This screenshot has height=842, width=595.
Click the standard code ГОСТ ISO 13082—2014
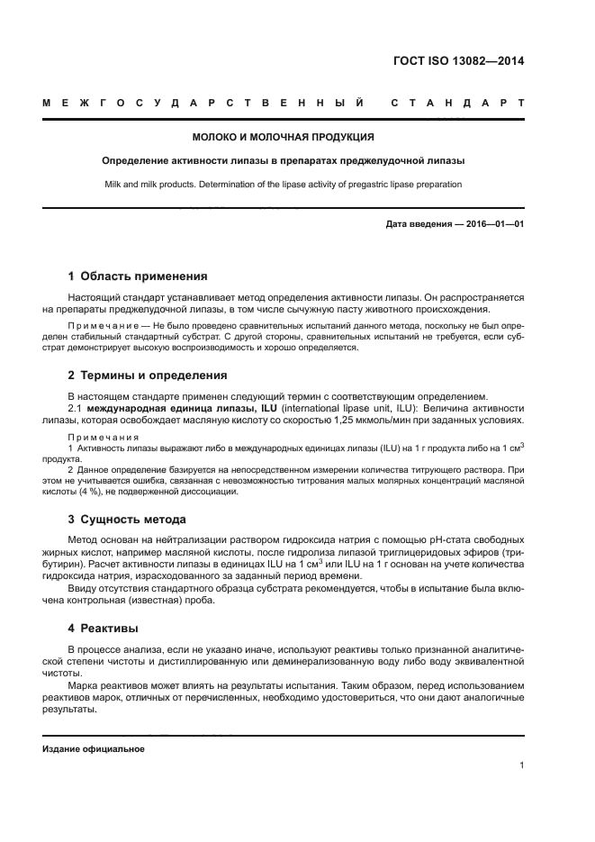point(459,62)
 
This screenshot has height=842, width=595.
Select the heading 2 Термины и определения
point(148,376)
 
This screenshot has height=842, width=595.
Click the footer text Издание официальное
point(94,749)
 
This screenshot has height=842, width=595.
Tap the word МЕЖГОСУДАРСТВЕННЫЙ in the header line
point(203,103)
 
